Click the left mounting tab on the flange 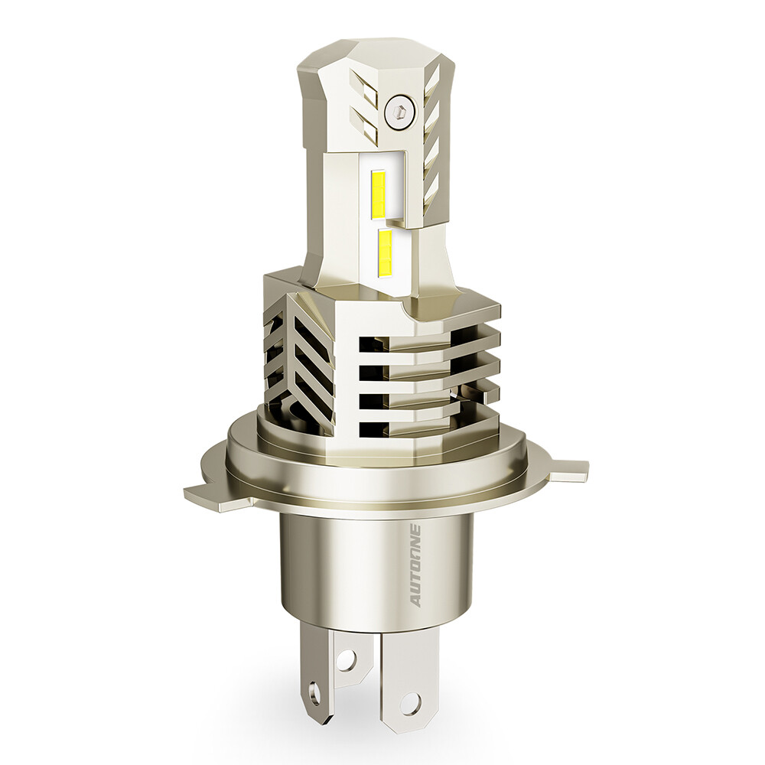[x=201, y=491]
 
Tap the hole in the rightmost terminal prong [x=411, y=698]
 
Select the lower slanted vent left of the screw [x=362, y=122]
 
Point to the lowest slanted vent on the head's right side [x=431, y=184]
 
